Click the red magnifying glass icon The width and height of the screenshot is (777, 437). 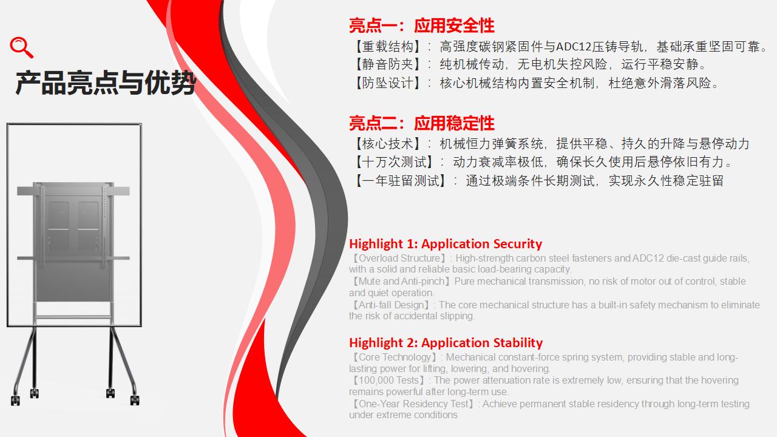coord(21,47)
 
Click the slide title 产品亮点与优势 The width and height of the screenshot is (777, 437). coord(106,83)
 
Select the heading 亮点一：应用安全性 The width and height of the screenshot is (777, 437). coord(421,25)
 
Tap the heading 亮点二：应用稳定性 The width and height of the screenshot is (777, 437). coord(421,123)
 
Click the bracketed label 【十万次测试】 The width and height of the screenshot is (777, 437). coord(395,162)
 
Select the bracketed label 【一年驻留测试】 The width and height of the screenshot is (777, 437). coord(401,181)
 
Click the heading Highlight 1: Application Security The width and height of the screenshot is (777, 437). coord(446,244)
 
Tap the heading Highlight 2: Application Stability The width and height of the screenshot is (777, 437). coord(446,343)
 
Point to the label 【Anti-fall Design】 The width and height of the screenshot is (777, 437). coord(391,305)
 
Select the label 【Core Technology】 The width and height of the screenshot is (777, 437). coord(395,357)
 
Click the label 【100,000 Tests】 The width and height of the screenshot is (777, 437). coord(388,381)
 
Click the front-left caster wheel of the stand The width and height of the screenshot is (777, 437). coord(15,401)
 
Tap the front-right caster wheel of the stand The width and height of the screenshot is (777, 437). coord(135,400)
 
